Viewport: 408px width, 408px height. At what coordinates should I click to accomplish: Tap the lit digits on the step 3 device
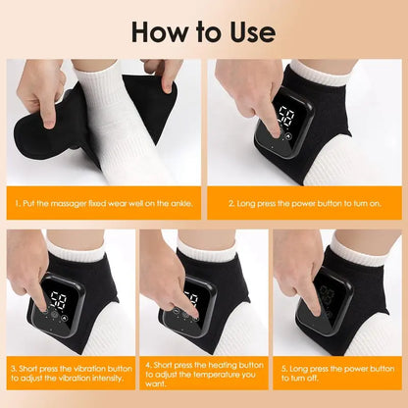(x=59, y=298)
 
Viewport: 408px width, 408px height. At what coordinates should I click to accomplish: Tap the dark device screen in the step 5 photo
(x=330, y=298)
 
